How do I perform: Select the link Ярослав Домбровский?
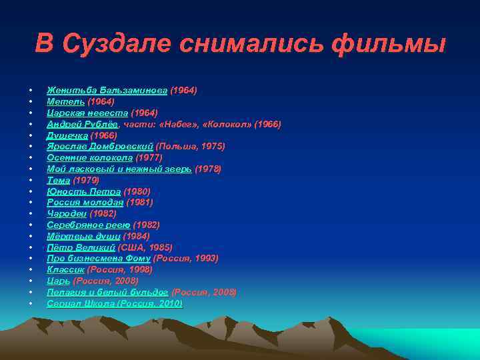(100, 146)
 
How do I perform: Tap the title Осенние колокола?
(89, 157)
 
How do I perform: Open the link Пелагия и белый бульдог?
(107, 292)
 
